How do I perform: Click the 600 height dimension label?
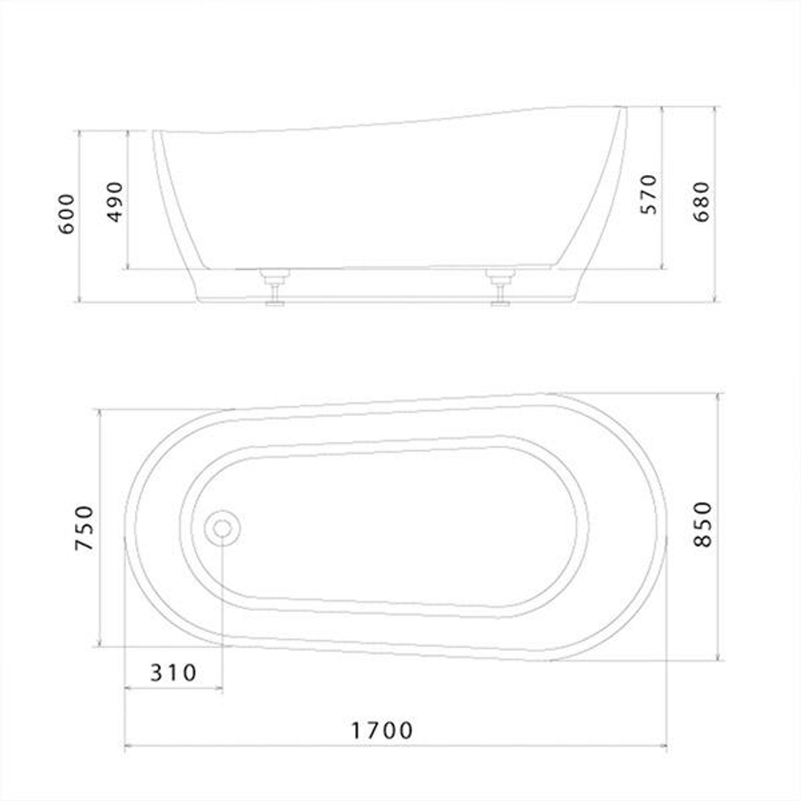(x=67, y=214)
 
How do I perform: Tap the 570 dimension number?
(x=648, y=194)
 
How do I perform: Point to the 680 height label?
(x=702, y=202)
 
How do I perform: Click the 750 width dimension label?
(x=86, y=528)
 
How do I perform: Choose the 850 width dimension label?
(x=702, y=524)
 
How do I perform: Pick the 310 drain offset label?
(x=174, y=673)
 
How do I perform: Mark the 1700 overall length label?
(x=382, y=731)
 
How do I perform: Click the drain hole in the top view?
(x=222, y=529)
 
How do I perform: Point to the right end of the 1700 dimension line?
(x=667, y=745)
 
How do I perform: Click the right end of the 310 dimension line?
(x=222, y=688)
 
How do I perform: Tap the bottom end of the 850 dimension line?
(x=717, y=660)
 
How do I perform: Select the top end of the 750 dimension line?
(x=99, y=409)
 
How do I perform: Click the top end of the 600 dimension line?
(x=79, y=131)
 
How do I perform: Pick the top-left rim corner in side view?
(x=156, y=132)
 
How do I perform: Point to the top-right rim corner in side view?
(x=624, y=108)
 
